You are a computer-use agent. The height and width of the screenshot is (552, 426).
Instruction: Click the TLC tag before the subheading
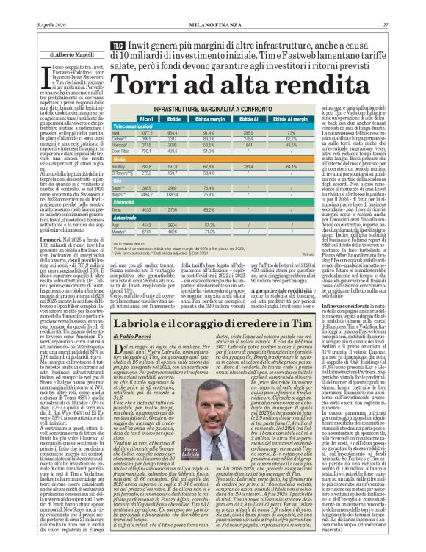pyautogui.click(x=116, y=46)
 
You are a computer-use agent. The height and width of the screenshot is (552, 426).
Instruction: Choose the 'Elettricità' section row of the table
pyautogui.click(x=125, y=220)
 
